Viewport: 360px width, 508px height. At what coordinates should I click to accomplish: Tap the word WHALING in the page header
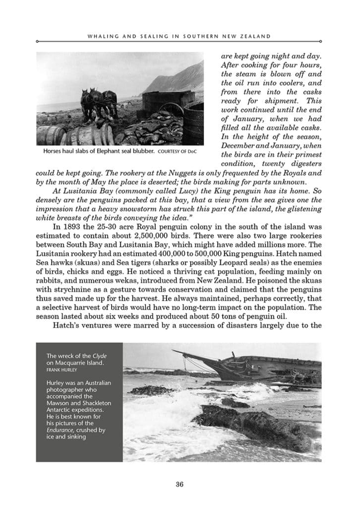(102, 36)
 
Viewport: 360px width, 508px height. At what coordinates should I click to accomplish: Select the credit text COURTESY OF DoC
(173, 151)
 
